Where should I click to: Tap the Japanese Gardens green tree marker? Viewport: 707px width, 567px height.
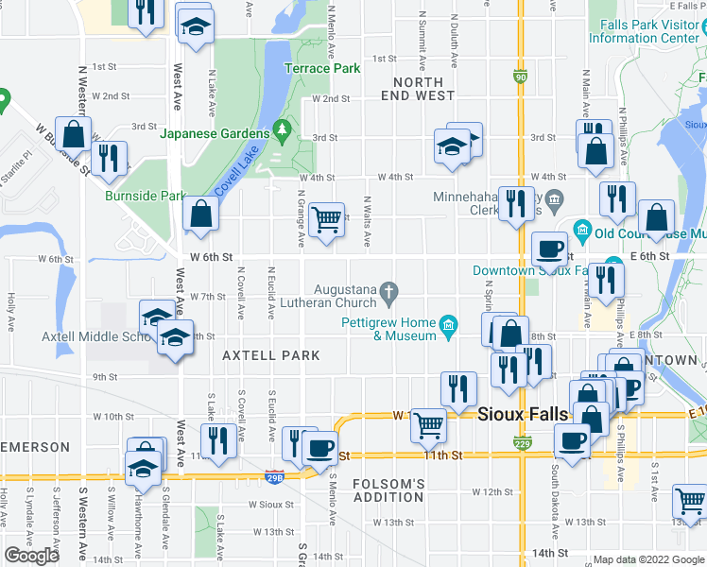(x=280, y=129)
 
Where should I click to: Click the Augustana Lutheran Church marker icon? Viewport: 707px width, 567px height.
(x=388, y=297)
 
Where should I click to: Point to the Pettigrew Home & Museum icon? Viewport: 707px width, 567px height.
(x=449, y=327)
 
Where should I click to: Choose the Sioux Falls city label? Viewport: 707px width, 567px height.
(x=523, y=414)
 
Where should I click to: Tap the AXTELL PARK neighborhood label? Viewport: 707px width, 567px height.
(x=270, y=355)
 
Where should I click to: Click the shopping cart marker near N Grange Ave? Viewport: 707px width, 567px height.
(x=326, y=220)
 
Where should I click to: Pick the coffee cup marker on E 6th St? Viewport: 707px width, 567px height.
(x=549, y=249)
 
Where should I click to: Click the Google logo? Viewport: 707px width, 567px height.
(x=31, y=556)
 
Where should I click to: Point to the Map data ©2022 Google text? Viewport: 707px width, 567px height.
(x=647, y=559)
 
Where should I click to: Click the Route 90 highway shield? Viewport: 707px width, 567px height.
(x=521, y=77)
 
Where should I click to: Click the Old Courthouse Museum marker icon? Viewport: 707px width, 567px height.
(x=582, y=230)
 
